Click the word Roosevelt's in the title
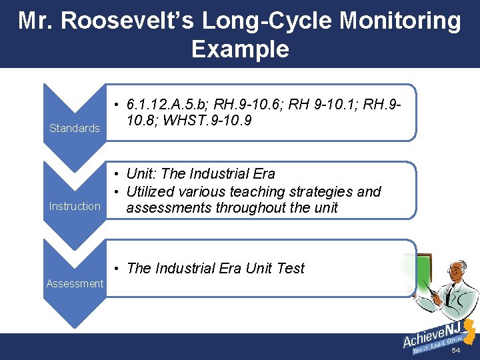pos(127,21)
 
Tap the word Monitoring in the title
pos(399,21)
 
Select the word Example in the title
pos(240,49)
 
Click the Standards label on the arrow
pos(75,128)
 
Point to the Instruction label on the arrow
pos(75,206)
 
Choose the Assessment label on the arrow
pos(75,283)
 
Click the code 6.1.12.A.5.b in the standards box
pos(166,105)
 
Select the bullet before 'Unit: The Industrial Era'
pos(116,174)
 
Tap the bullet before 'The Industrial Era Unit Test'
pos(116,269)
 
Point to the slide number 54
pos(456,351)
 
